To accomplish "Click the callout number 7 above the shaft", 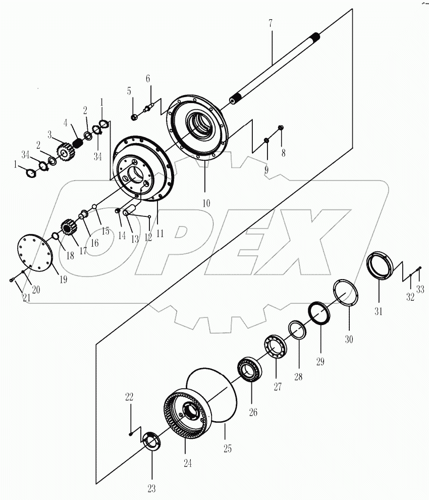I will pos(271,23).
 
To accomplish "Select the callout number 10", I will pos(205,203).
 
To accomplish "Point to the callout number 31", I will pos(379,311).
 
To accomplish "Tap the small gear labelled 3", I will pos(64,151).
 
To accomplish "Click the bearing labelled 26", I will pos(249,370).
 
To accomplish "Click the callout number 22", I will pos(129,397).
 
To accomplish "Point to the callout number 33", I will pos(420,290).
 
